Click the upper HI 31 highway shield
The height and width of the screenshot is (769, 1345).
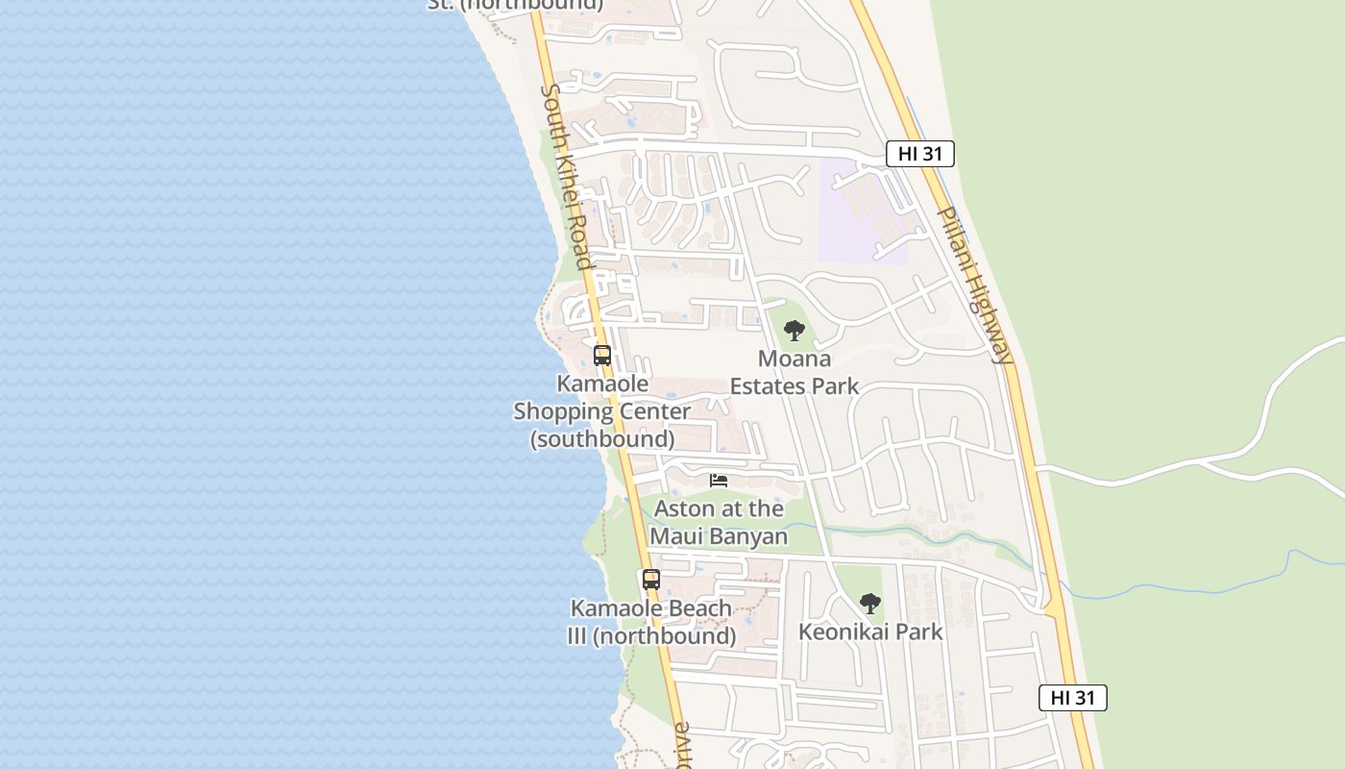(919, 154)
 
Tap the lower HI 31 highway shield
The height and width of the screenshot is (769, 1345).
(1072, 698)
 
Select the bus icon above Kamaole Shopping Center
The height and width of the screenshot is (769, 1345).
(602, 355)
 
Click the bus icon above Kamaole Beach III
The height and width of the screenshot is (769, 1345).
(651, 580)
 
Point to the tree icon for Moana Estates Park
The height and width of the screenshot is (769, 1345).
(794, 331)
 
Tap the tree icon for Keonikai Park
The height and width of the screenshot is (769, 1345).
(870, 604)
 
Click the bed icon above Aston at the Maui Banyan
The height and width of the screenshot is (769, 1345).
(719, 480)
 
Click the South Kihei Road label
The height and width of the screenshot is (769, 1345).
(566, 176)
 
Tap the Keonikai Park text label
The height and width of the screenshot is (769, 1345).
(870, 632)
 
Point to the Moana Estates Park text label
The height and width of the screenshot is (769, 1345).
(795, 372)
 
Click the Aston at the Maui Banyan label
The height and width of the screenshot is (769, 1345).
(720, 522)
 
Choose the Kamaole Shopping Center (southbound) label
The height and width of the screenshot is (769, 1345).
(602, 411)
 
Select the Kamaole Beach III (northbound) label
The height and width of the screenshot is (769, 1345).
(652, 622)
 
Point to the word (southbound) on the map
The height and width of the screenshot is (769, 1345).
(602, 439)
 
